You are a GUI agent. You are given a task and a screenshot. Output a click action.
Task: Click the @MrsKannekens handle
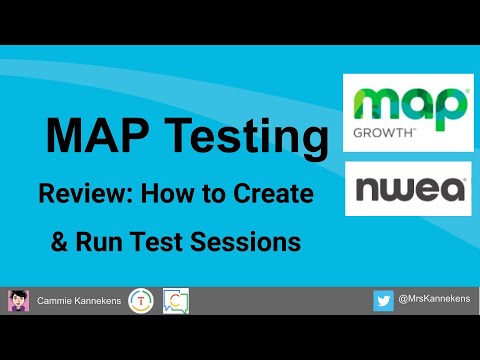pos(433,300)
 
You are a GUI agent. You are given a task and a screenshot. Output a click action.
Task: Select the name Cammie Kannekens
pos(79,300)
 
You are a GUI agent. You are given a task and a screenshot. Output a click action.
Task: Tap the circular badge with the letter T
pos(141,300)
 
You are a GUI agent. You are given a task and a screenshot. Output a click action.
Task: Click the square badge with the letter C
pos(175,300)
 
